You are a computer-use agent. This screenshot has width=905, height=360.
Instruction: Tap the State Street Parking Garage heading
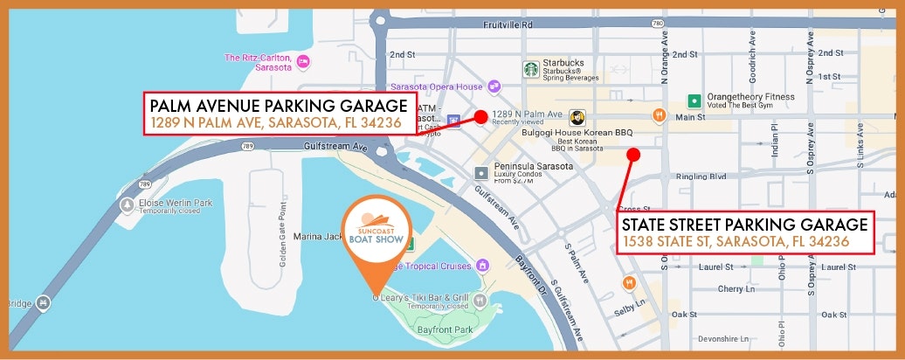[x=745, y=224]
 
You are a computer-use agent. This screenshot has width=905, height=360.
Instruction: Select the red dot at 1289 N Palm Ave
[x=480, y=117]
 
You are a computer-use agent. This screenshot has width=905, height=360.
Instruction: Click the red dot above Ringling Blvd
[x=633, y=155]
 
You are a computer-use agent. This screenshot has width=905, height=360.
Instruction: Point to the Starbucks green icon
[x=530, y=68]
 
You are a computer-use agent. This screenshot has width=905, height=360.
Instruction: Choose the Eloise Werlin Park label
[x=176, y=203]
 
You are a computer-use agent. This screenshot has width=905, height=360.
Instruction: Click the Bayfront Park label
[x=445, y=329]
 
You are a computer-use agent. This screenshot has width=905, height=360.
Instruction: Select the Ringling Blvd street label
[x=701, y=177]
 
